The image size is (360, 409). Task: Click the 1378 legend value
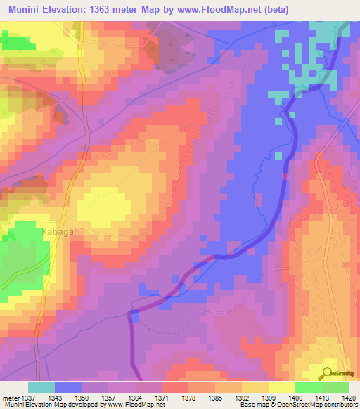tap(188, 398)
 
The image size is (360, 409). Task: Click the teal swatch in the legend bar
tap(41, 387)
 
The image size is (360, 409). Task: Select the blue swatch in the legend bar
tap(68, 387)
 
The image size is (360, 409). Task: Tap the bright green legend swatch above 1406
tap(309, 387)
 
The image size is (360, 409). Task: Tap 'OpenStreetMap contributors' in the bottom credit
tap(321, 405)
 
